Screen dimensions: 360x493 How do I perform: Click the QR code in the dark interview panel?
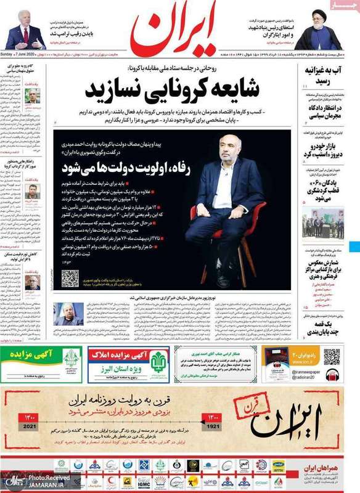click(x=70, y=279)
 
